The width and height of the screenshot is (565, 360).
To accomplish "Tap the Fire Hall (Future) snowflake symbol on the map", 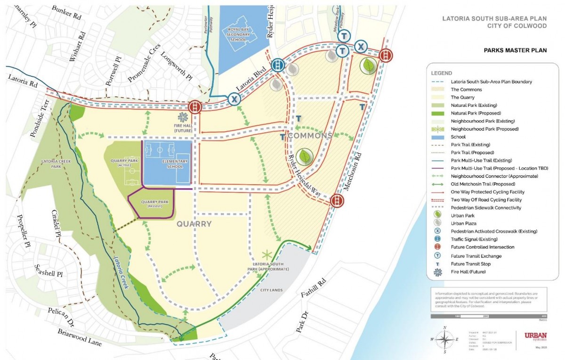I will tap(183, 117).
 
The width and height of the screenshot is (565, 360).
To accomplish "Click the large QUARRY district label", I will tap(194, 224).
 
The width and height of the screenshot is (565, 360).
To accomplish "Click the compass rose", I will tap(444, 339).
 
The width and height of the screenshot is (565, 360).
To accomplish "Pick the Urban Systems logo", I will tap(535, 336).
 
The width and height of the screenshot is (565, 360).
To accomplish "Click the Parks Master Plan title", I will tap(515, 50).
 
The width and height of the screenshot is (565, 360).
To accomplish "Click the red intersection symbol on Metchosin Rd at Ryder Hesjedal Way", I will tap(336, 201).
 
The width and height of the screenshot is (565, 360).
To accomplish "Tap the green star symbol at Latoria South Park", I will tap(267, 255).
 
